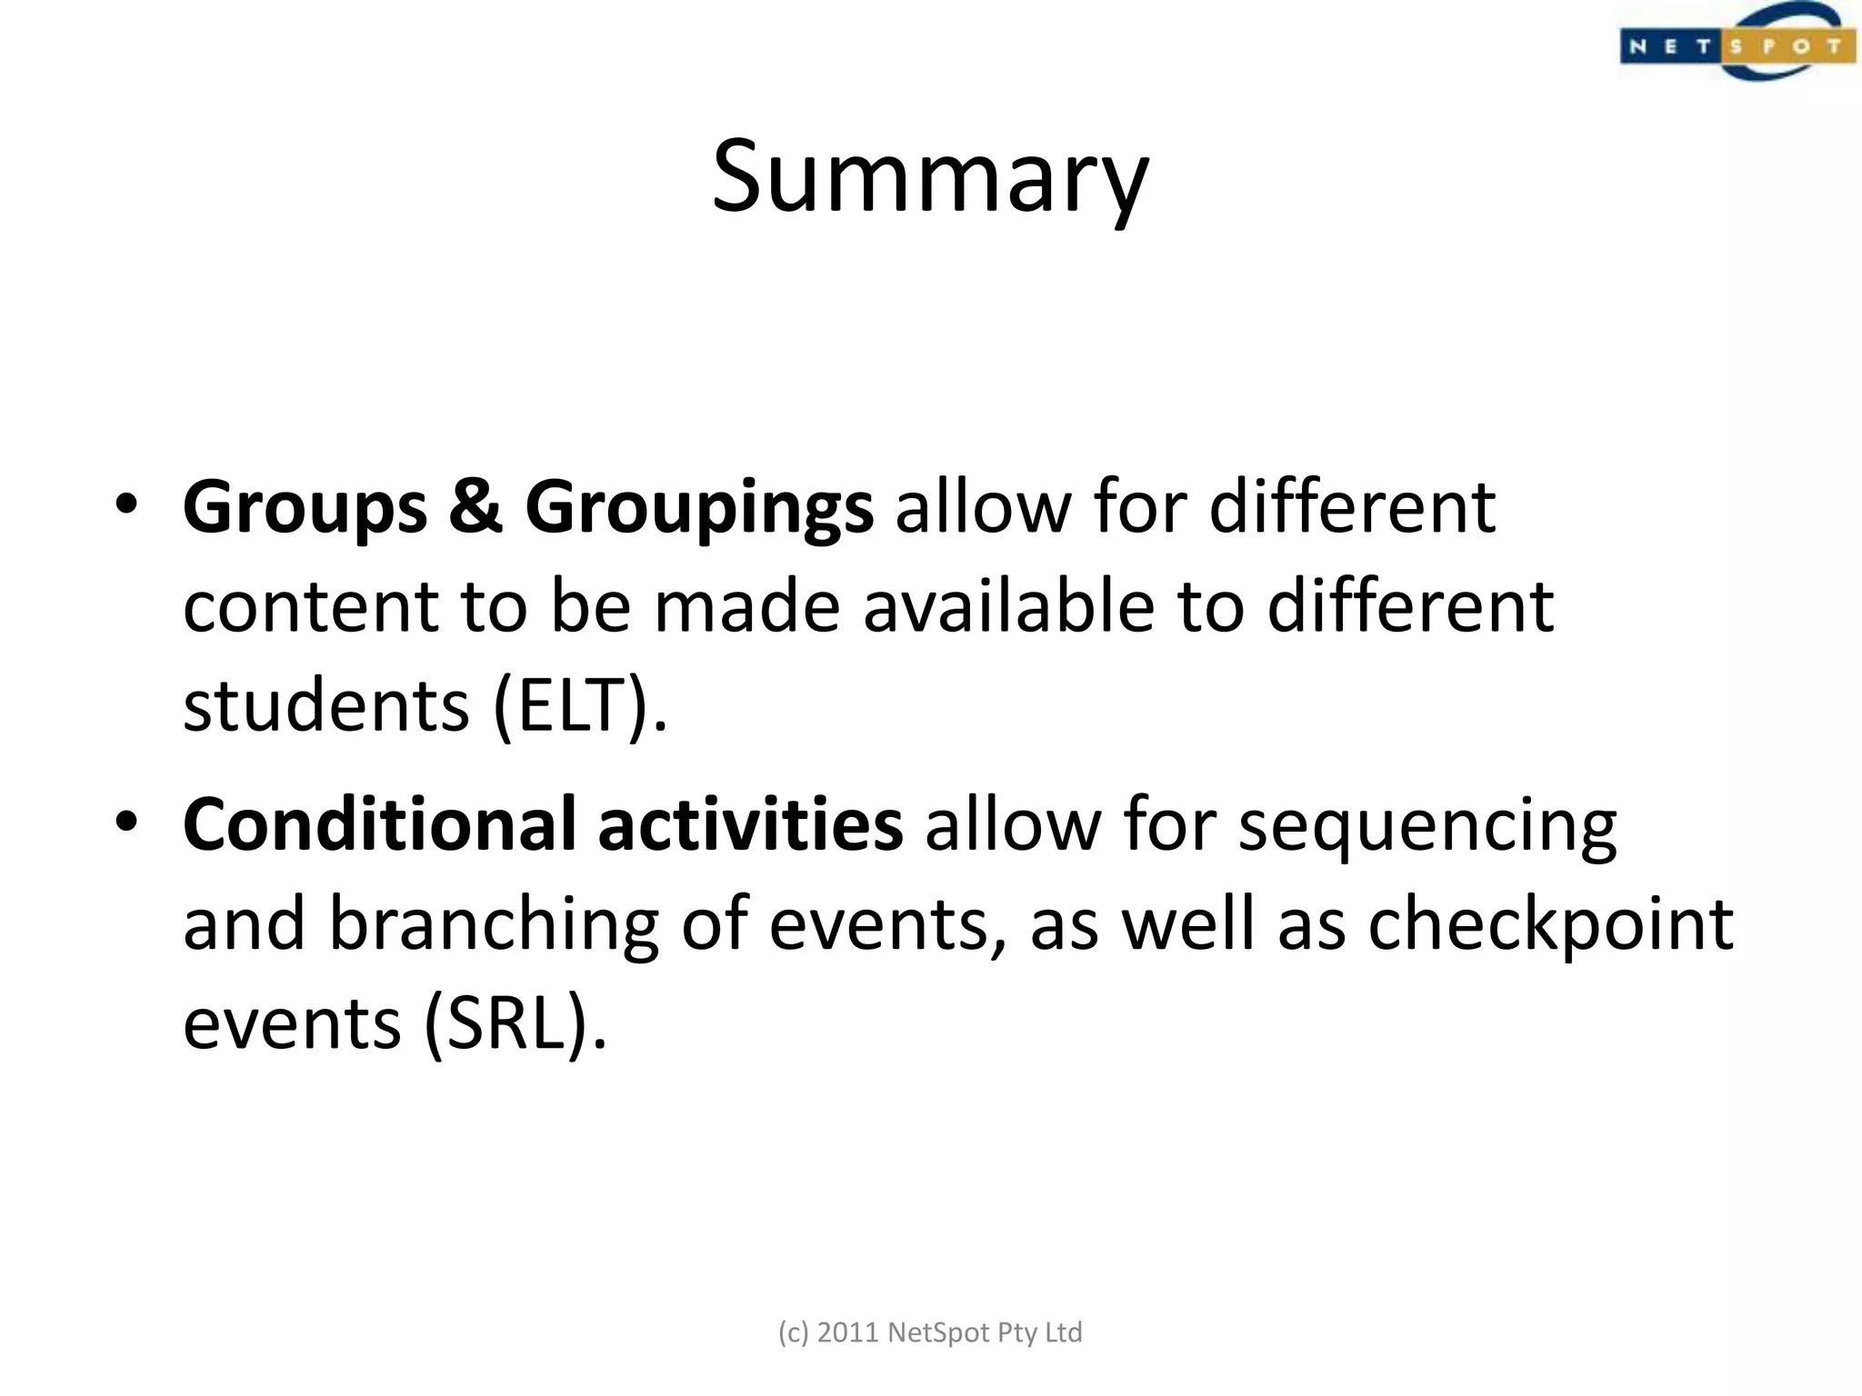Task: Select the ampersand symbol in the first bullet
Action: (x=476, y=507)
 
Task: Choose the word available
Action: (x=1007, y=606)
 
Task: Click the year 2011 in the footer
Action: (x=847, y=1332)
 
